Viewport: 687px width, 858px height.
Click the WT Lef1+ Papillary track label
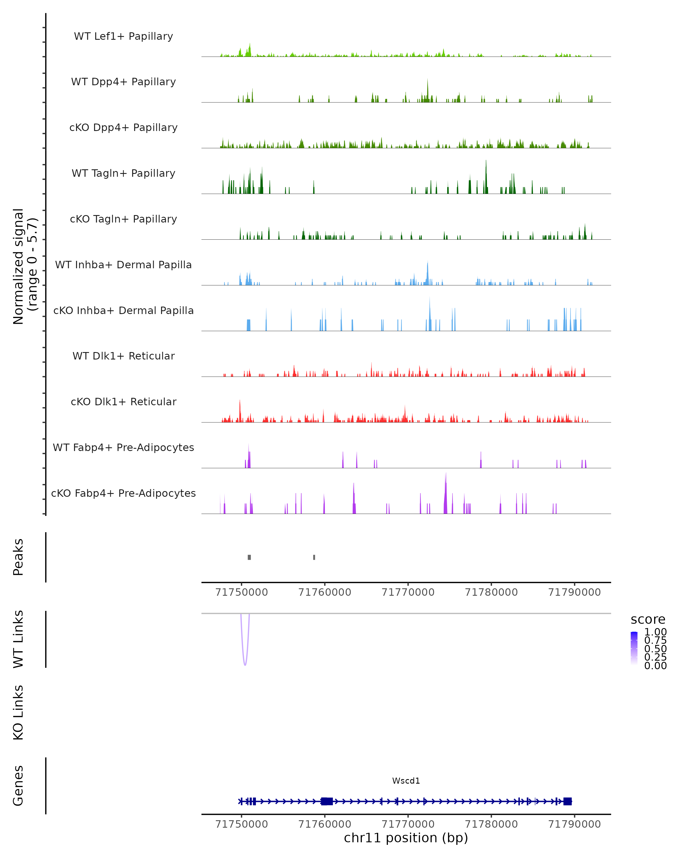click(x=123, y=36)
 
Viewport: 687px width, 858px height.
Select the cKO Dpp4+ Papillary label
click(x=123, y=127)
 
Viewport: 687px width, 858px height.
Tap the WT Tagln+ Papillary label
click(x=123, y=173)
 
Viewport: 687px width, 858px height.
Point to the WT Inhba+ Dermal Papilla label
click(x=123, y=265)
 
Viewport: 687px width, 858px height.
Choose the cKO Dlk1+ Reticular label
click(x=123, y=402)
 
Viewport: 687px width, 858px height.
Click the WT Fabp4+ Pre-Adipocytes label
click(x=123, y=447)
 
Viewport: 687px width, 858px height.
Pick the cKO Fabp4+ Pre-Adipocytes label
click(x=123, y=493)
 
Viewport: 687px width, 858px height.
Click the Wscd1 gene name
click(x=406, y=781)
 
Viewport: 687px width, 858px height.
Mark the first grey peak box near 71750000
click(x=249, y=557)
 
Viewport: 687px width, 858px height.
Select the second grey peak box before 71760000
click(x=314, y=557)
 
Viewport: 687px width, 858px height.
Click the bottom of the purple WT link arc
click(x=245, y=665)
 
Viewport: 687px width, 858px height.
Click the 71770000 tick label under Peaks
click(x=408, y=592)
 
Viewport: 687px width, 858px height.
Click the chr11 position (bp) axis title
click(x=406, y=838)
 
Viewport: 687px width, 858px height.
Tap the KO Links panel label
click(x=18, y=712)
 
